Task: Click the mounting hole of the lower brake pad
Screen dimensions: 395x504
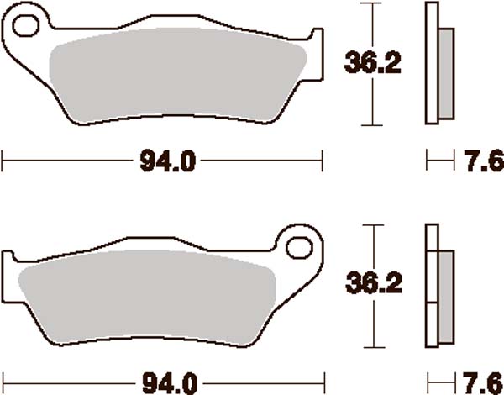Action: click(x=298, y=247)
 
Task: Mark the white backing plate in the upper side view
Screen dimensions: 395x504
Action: click(x=432, y=64)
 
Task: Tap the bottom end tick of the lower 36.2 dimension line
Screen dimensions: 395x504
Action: click(x=367, y=346)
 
